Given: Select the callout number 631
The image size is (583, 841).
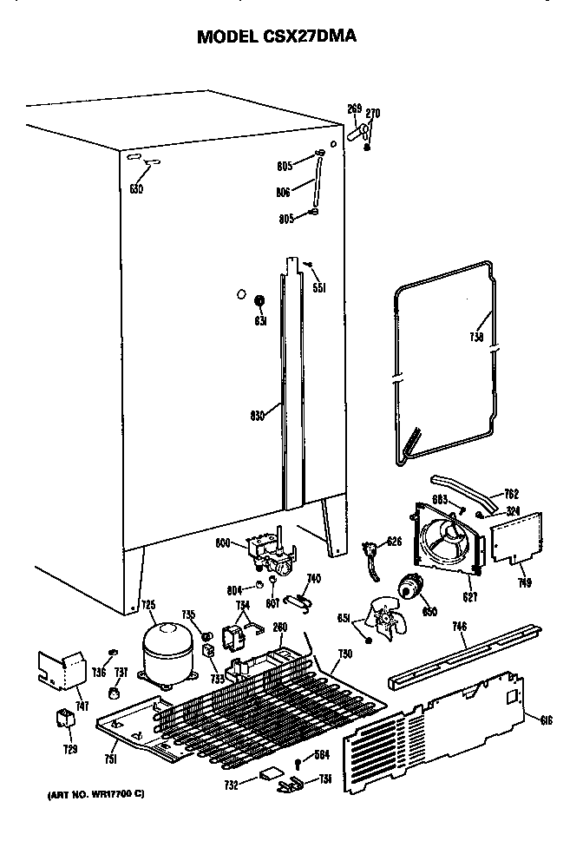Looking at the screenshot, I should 259,319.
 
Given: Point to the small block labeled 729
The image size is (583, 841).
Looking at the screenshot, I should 64,719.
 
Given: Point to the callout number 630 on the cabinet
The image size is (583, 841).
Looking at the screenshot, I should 136,187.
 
